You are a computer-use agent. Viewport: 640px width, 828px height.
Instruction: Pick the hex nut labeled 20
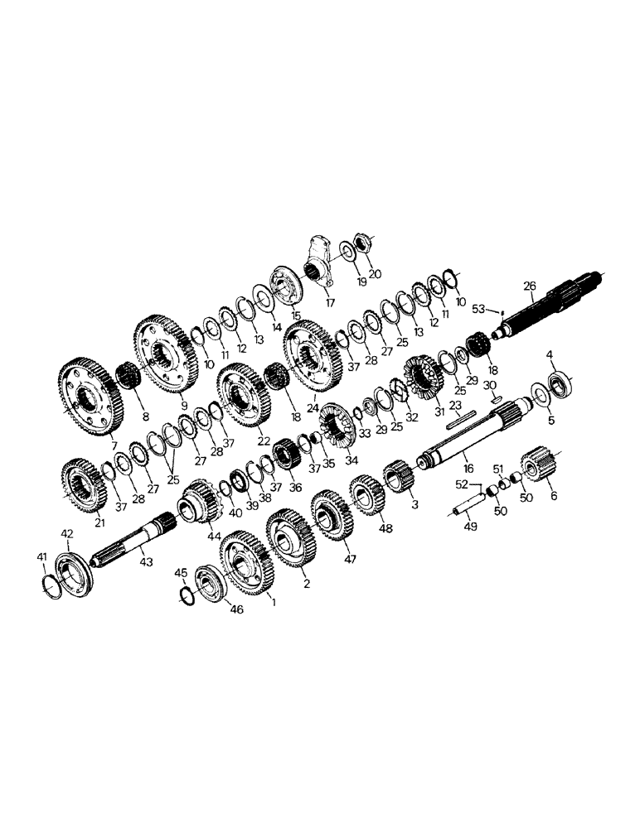click(362, 245)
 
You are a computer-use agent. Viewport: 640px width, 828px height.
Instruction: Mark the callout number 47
click(350, 560)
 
